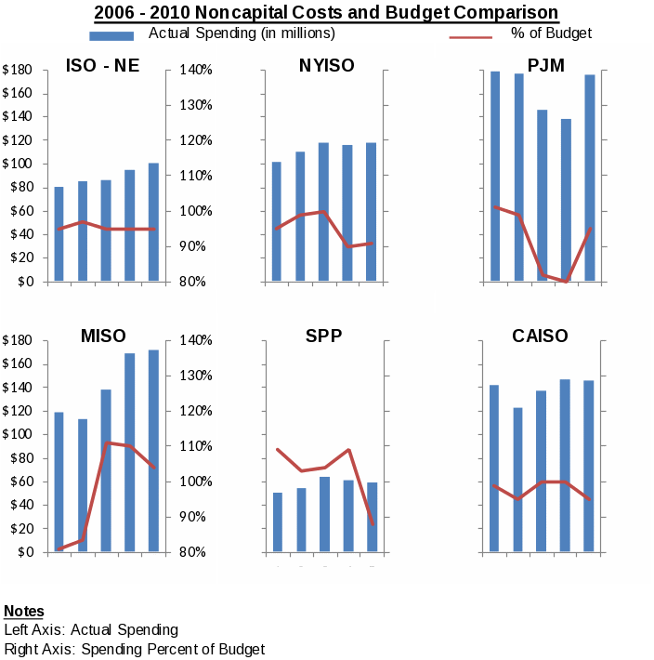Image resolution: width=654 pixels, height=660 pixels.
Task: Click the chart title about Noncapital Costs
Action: pyautogui.click(x=326, y=12)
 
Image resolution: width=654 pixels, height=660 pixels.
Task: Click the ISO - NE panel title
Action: pyautogui.click(x=102, y=66)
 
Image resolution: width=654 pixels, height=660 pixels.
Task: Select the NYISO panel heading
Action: pyautogui.click(x=326, y=66)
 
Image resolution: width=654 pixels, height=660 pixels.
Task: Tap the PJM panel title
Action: pyautogui.click(x=545, y=66)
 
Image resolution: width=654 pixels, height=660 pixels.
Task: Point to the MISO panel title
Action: pyautogui.click(x=103, y=337)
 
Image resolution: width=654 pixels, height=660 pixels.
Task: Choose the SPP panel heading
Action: pyautogui.click(x=324, y=337)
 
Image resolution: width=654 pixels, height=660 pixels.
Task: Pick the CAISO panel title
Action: pyautogui.click(x=540, y=337)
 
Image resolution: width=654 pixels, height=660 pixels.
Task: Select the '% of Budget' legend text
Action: pyautogui.click(x=551, y=33)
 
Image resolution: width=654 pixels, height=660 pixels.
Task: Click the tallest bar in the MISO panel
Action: pyautogui.click(x=153, y=451)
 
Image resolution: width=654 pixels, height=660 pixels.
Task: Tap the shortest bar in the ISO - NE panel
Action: pyautogui.click(x=59, y=234)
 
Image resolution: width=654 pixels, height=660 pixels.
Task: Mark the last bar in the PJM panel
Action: pyautogui.click(x=590, y=178)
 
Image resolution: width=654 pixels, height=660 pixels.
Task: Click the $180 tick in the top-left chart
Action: pyautogui.click(x=19, y=71)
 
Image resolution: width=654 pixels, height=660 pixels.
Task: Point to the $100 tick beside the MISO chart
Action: pyautogui.click(x=19, y=435)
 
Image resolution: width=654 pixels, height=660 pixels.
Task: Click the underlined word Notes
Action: pyautogui.click(x=24, y=611)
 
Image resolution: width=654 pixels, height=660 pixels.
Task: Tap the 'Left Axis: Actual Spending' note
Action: pyautogui.click(x=91, y=630)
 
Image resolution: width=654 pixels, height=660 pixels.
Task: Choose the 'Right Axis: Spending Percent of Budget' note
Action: pyautogui.click(x=135, y=649)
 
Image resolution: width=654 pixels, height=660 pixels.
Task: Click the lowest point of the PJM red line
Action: pyautogui.click(x=566, y=281)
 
